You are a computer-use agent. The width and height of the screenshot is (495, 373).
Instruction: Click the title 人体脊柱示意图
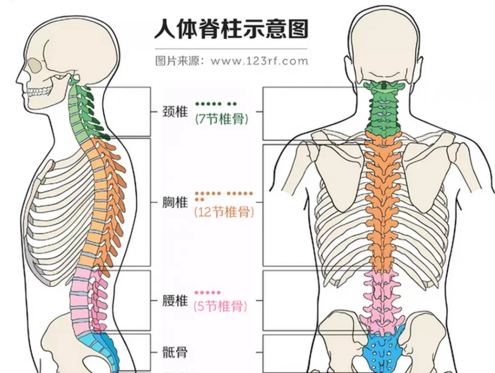231,29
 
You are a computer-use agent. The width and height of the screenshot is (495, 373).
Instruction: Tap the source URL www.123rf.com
259,61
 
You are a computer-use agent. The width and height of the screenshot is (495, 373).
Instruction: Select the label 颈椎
175,112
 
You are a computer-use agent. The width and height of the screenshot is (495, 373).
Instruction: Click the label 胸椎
175,202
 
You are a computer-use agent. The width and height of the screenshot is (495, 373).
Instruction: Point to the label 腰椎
175,301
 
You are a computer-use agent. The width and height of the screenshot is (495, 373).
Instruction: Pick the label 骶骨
175,352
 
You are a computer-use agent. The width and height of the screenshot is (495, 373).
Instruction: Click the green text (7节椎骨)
222,119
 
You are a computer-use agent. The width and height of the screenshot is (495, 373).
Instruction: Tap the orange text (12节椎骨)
224,212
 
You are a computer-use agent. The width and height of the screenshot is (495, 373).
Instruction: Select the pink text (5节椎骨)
221,306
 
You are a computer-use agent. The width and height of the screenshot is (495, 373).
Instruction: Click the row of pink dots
207,293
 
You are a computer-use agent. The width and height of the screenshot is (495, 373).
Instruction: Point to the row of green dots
216,104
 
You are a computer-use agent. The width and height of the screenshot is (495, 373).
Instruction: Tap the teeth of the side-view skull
38,92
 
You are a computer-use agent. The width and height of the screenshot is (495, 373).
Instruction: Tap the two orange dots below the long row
199,199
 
